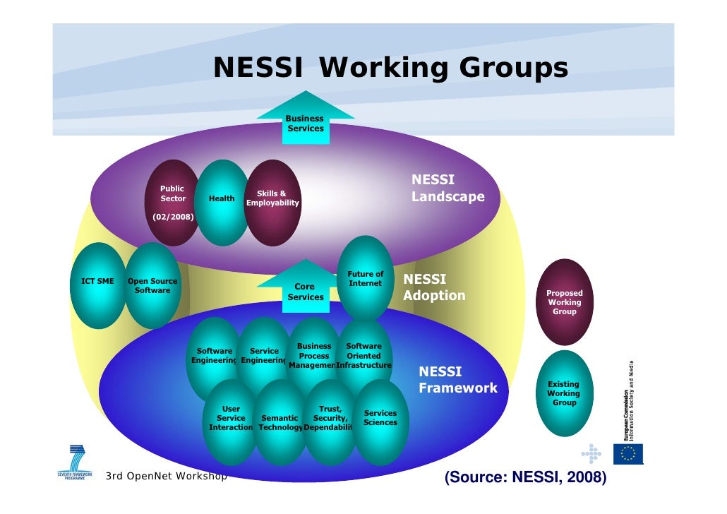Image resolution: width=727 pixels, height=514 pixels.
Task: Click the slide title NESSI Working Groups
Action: click(x=390, y=68)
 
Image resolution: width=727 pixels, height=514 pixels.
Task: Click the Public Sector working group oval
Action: click(x=172, y=201)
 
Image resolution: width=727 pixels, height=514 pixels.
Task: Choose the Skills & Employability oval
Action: click(x=272, y=201)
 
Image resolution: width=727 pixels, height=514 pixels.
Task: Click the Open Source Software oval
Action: click(x=152, y=285)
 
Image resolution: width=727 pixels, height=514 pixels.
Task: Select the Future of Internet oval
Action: click(x=366, y=278)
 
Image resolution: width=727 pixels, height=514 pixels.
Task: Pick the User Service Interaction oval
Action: click(x=231, y=421)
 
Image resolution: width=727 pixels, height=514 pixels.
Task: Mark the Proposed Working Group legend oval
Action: click(x=564, y=302)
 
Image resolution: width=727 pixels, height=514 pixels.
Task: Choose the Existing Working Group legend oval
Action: click(x=564, y=393)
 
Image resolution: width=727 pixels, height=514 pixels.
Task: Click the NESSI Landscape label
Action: click(x=447, y=189)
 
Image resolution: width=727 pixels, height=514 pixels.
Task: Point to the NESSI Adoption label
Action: click(x=434, y=288)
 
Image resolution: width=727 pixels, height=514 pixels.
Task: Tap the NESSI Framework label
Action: click(x=458, y=380)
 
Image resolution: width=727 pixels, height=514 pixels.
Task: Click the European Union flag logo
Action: click(x=627, y=454)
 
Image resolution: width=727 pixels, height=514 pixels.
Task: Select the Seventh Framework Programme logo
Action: click(x=75, y=462)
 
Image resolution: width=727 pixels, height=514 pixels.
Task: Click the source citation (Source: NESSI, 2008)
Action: click(x=525, y=479)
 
